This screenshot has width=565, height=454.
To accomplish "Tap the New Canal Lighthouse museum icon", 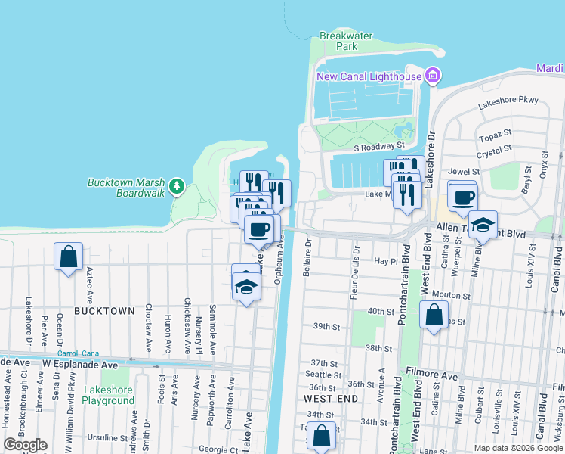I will pos(432,76).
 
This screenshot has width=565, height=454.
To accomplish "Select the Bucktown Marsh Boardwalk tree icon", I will pos(177,186).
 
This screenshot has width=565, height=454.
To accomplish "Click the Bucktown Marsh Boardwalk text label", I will pos(126,188).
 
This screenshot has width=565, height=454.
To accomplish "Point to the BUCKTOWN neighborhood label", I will pos(104,311).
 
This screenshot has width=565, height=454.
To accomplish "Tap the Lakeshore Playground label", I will pos(109,395).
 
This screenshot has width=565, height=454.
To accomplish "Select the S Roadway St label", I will pos(380,145).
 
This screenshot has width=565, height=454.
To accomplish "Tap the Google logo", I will pos(26,444).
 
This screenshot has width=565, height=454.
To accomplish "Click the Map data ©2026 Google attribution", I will pos(518,448).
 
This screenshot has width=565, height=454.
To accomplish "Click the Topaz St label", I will pos(496,139).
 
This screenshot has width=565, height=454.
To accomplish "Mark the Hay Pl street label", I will pos(385,261).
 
